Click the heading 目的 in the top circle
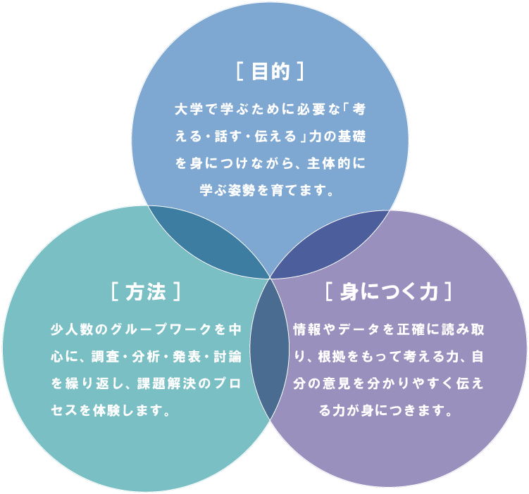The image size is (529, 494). point(270,72)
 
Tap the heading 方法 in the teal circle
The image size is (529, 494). point(146,291)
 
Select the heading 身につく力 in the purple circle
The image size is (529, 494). point(388,291)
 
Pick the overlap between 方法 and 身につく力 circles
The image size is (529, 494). point(269,348)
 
